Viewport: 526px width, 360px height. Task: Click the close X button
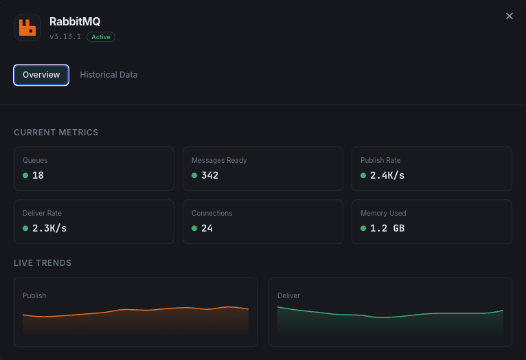point(509,16)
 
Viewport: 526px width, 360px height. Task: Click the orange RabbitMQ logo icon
point(27,27)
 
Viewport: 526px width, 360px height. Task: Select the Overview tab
point(41,74)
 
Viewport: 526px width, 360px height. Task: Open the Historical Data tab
point(108,74)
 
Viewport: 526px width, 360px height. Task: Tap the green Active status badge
point(101,37)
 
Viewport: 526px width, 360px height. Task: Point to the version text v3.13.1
point(65,37)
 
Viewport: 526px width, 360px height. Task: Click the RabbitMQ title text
point(75,22)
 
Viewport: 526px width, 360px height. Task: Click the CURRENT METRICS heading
point(56,133)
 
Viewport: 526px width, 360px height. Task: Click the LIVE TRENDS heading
point(43,263)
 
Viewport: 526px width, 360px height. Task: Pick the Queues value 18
point(38,175)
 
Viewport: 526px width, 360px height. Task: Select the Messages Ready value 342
point(209,175)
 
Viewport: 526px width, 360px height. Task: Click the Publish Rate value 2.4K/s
point(387,175)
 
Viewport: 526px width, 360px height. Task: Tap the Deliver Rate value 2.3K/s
point(49,228)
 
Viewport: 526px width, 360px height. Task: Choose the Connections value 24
point(207,228)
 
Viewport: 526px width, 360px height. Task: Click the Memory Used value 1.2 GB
point(387,228)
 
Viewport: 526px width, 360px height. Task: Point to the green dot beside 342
point(194,175)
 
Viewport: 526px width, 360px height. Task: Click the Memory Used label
point(383,213)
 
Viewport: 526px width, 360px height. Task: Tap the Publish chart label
point(34,295)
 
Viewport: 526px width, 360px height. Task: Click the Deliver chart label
point(288,295)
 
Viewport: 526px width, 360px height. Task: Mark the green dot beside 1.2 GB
point(363,228)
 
